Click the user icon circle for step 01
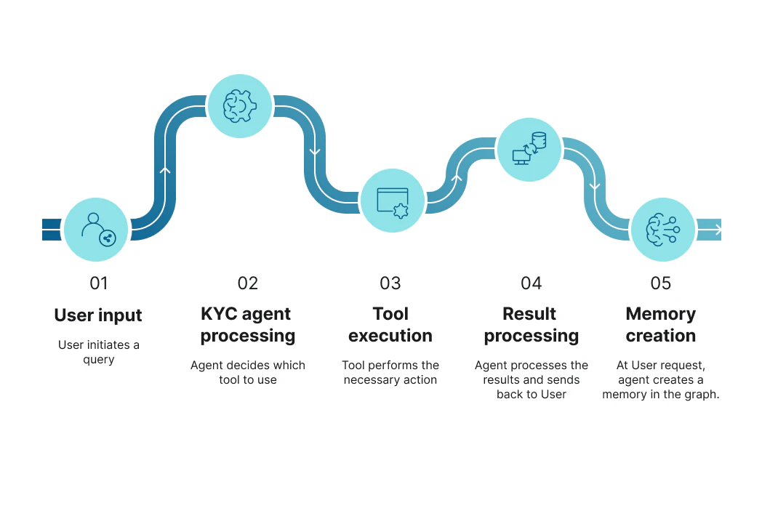pos(96,229)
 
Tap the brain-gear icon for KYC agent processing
pos(240,106)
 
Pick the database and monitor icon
pos(529,148)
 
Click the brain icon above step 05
pos(663,229)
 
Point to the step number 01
pos(99,283)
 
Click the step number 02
pos(248,283)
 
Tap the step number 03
pos(390,283)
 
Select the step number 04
pos(532,283)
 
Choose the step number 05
pos(661,283)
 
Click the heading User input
pos(98,315)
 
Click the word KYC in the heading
pos(219,314)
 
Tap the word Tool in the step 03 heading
pos(390,314)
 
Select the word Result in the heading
pos(529,314)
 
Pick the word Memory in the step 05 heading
pos(661,315)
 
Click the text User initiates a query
pos(99,352)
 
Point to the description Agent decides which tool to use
pos(248,373)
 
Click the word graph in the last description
pos(701,395)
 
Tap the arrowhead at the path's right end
pos(718,230)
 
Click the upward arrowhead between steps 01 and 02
pos(165,171)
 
